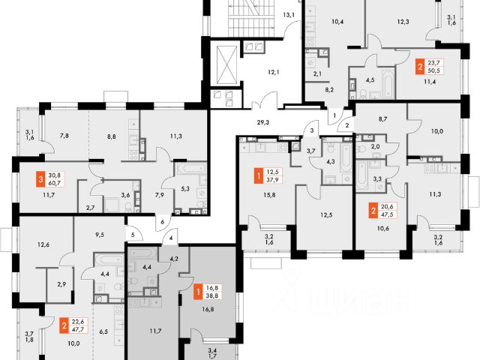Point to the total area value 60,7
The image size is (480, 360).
point(52,184)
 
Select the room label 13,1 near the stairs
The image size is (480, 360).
point(289,14)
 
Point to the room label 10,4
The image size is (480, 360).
point(337,22)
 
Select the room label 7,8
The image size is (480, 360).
point(64,136)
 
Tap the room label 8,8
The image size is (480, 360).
point(112,136)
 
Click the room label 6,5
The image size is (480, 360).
point(103,330)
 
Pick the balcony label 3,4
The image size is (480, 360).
point(213,348)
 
